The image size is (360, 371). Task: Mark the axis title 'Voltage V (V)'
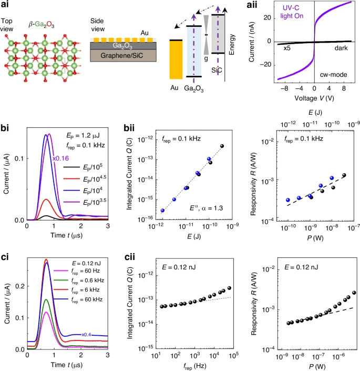[x=314, y=99]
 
